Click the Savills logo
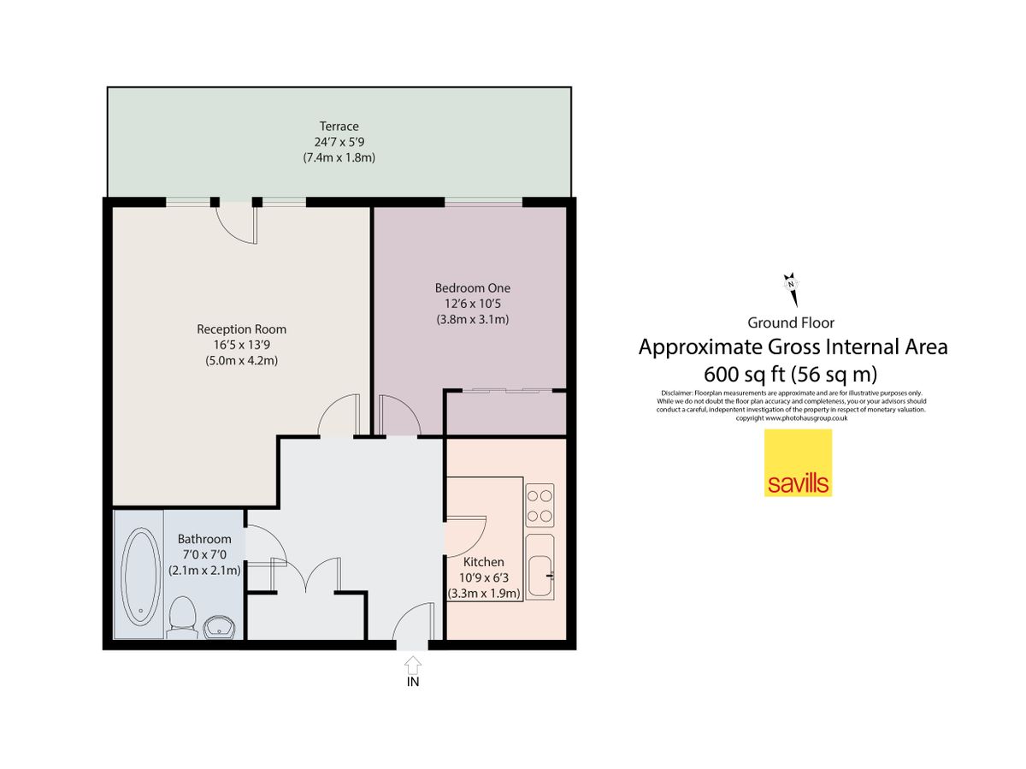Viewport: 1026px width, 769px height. coord(797,463)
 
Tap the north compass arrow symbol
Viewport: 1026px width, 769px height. coord(792,289)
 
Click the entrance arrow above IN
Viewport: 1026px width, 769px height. coord(412,663)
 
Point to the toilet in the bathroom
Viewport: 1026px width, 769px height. coord(182,616)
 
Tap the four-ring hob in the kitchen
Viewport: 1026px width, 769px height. coord(540,506)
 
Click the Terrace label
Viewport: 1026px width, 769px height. coord(339,127)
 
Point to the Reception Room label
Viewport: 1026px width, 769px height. coord(241,329)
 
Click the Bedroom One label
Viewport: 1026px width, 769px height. coord(472,288)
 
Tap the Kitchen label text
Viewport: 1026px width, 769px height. coord(483,562)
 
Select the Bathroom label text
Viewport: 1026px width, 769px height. coord(204,539)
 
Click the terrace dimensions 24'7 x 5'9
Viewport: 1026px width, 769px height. coord(339,142)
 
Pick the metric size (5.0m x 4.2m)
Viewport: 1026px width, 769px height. coord(241,361)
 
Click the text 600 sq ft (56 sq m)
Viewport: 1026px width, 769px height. coord(793,374)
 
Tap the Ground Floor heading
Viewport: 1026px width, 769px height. coord(791,322)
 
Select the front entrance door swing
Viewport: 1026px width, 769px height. coord(412,623)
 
